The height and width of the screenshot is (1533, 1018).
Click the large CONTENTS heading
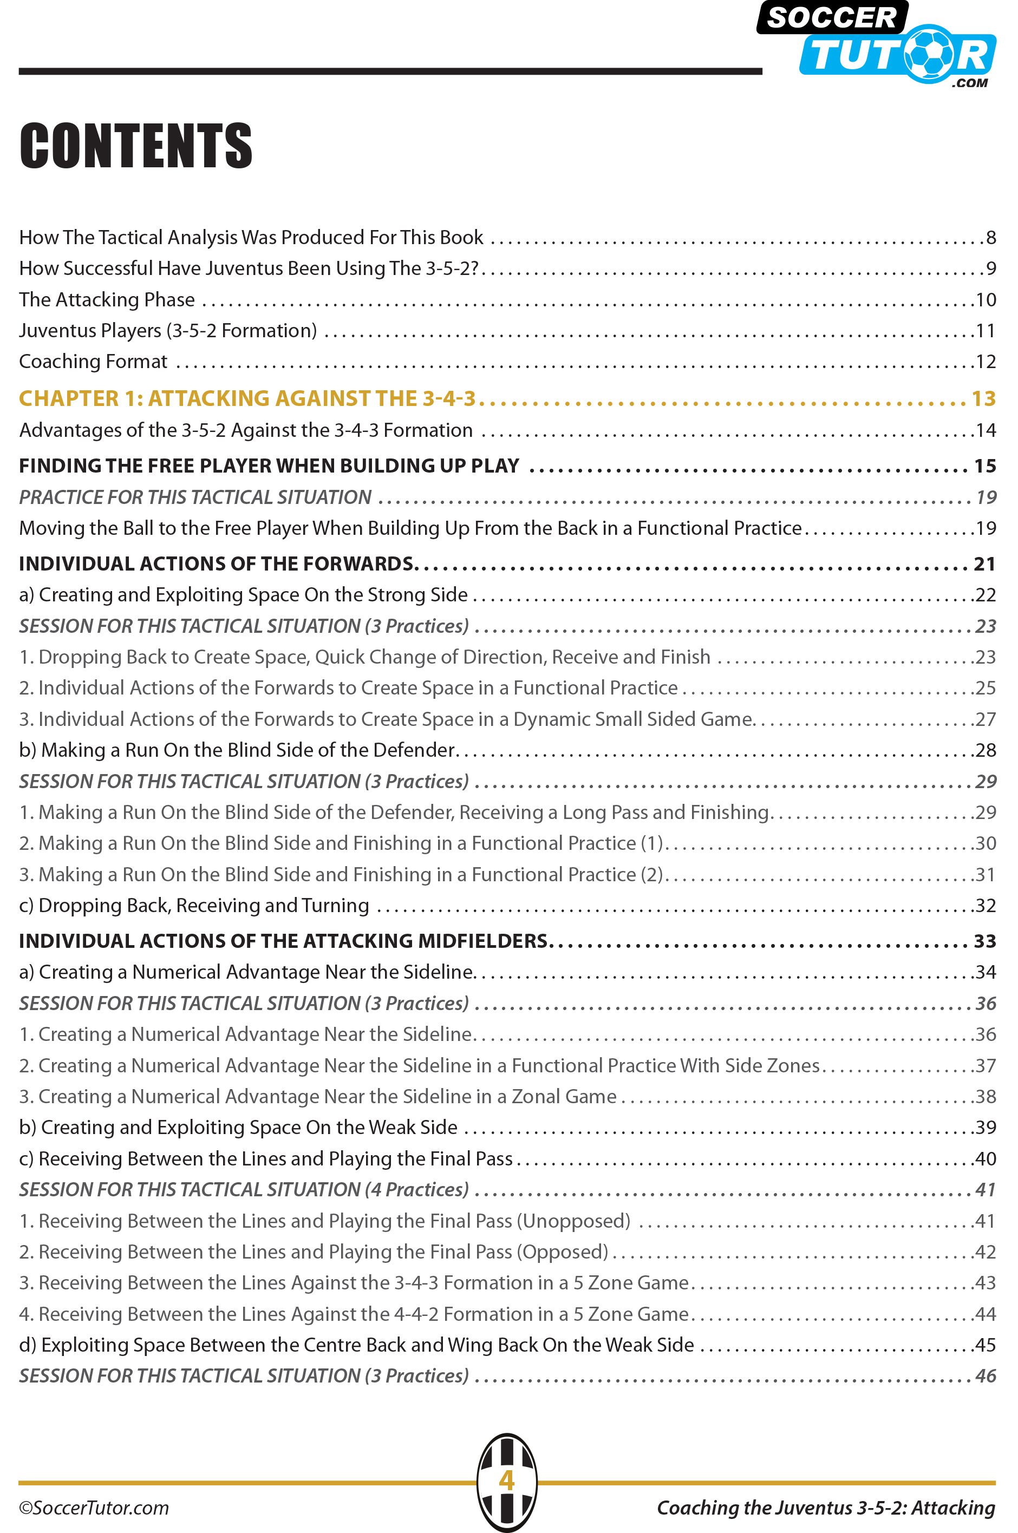[136, 146]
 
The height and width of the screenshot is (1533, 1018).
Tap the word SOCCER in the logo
[832, 17]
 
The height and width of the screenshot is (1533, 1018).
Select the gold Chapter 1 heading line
[247, 398]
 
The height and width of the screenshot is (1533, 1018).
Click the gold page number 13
[983, 398]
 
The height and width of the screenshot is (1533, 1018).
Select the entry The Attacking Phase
[107, 300]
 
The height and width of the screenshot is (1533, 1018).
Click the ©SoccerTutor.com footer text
[94, 1507]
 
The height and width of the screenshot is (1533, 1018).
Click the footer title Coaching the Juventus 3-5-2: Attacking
[826, 1507]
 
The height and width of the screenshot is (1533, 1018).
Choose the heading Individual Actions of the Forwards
[216, 564]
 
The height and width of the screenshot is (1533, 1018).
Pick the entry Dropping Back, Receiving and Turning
[194, 906]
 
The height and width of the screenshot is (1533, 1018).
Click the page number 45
[986, 1345]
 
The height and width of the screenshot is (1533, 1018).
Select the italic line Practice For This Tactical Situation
[195, 497]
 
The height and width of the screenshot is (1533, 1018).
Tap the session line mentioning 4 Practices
[244, 1190]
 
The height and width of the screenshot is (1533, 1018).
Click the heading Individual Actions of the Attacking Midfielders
[283, 941]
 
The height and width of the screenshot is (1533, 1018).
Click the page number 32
[986, 906]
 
